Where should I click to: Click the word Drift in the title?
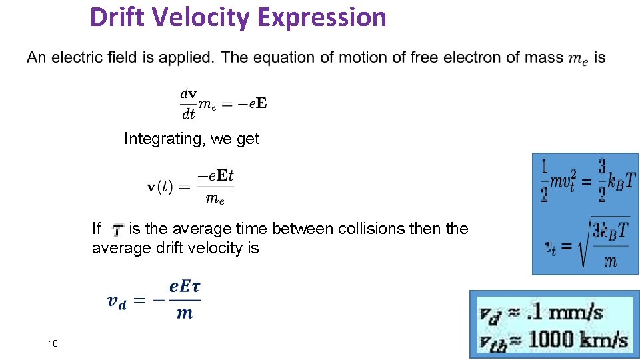[x=118, y=17]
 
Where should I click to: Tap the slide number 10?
[x=53, y=343]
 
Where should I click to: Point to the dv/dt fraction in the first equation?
[x=188, y=104]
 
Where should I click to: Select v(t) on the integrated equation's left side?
[x=160, y=186]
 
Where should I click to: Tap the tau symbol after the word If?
[x=117, y=230]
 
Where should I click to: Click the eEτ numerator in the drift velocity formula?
[x=185, y=287]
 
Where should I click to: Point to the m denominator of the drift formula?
[x=185, y=313]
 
